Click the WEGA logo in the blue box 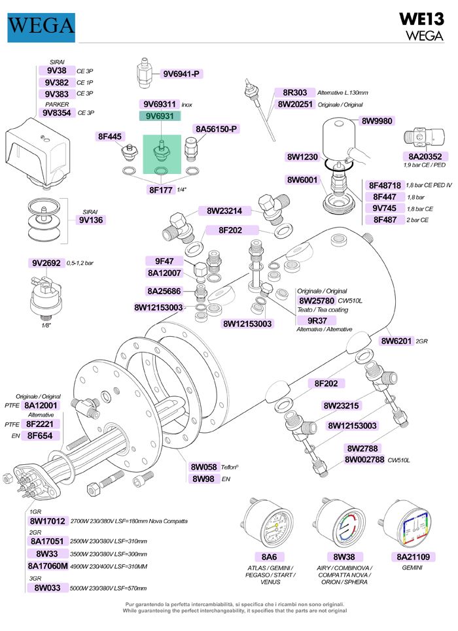tap(41, 26)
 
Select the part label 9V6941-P tap(181, 73)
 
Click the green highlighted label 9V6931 tap(160, 116)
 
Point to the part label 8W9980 tap(377, 120)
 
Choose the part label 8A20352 tap(425, 156)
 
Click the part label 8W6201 tap(397, 340)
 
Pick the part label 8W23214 tap(224, 211)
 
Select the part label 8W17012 tap(48, 520)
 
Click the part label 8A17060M tap(48, 565)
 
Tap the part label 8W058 tap(203, 466)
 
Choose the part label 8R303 tap(294, 92)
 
